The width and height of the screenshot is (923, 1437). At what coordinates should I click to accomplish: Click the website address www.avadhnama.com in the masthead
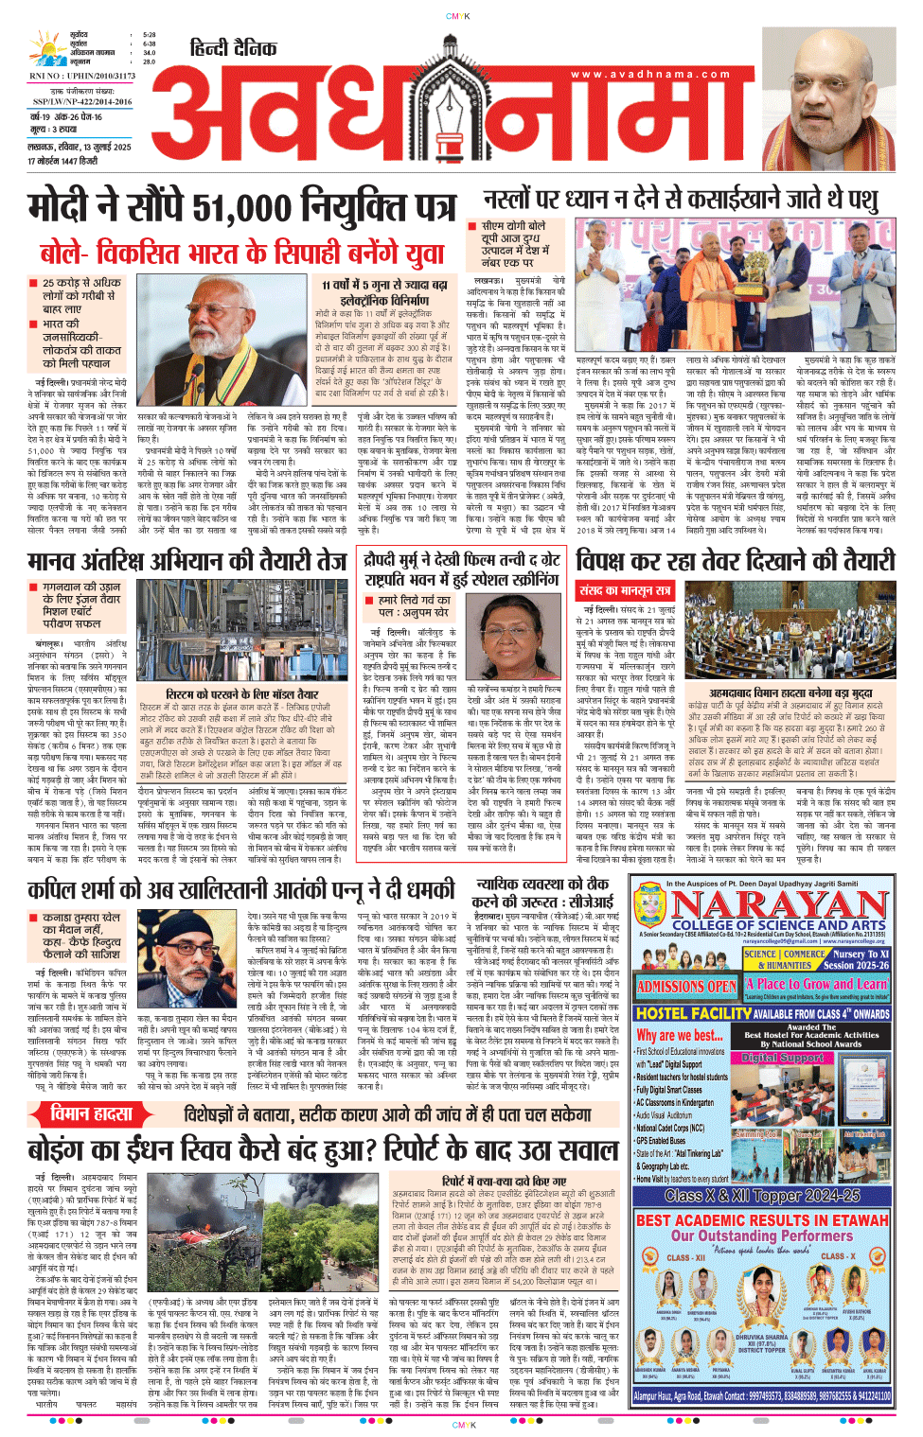coord(650,74)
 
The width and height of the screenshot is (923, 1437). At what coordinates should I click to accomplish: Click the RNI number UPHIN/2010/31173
coord(82,76)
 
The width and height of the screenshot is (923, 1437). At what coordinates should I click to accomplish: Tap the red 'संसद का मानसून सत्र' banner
coord(625,590)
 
